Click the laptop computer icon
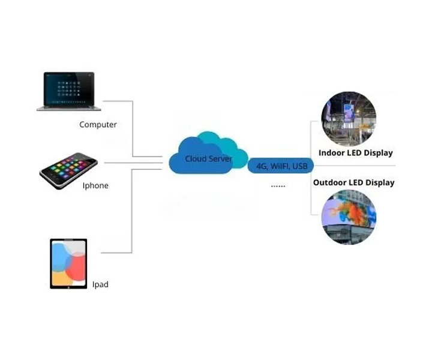click(x=69, y=91)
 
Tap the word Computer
click(x=98, y=125)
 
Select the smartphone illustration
click(x=68, y=170)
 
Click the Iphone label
click(x=95, y=185)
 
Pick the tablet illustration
click(x=68, y=263)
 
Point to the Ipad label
click(x=100, y=284)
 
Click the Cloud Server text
click(x=208, y=158)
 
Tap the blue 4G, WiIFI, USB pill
click(x=281, y=166)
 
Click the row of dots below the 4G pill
click(x=278, y=186)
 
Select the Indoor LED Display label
click(x=356, y=153)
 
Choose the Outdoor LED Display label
click(x=353, y=182)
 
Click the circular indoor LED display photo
click(x=349, y=119)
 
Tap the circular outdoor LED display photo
click(x=349, y=217)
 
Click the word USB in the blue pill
click(x=300, y=166)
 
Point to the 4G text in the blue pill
click(x=262, y=166)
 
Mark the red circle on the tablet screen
click(x=76, y=266)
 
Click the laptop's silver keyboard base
click(x=69, y=109)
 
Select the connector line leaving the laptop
click(x=133, y=128)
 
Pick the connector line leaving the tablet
click(x=131, y=210)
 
